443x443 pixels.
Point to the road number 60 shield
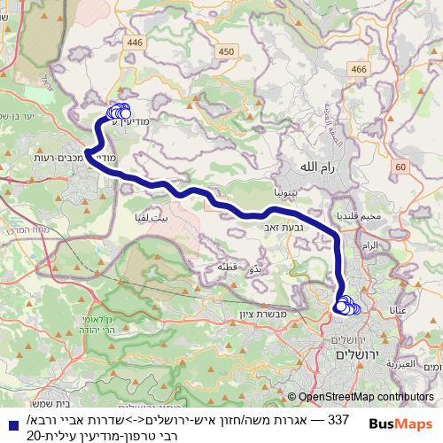(x=400, y=167)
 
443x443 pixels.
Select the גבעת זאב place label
(x=276, y=227)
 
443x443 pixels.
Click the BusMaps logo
(x=400, y=425)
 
